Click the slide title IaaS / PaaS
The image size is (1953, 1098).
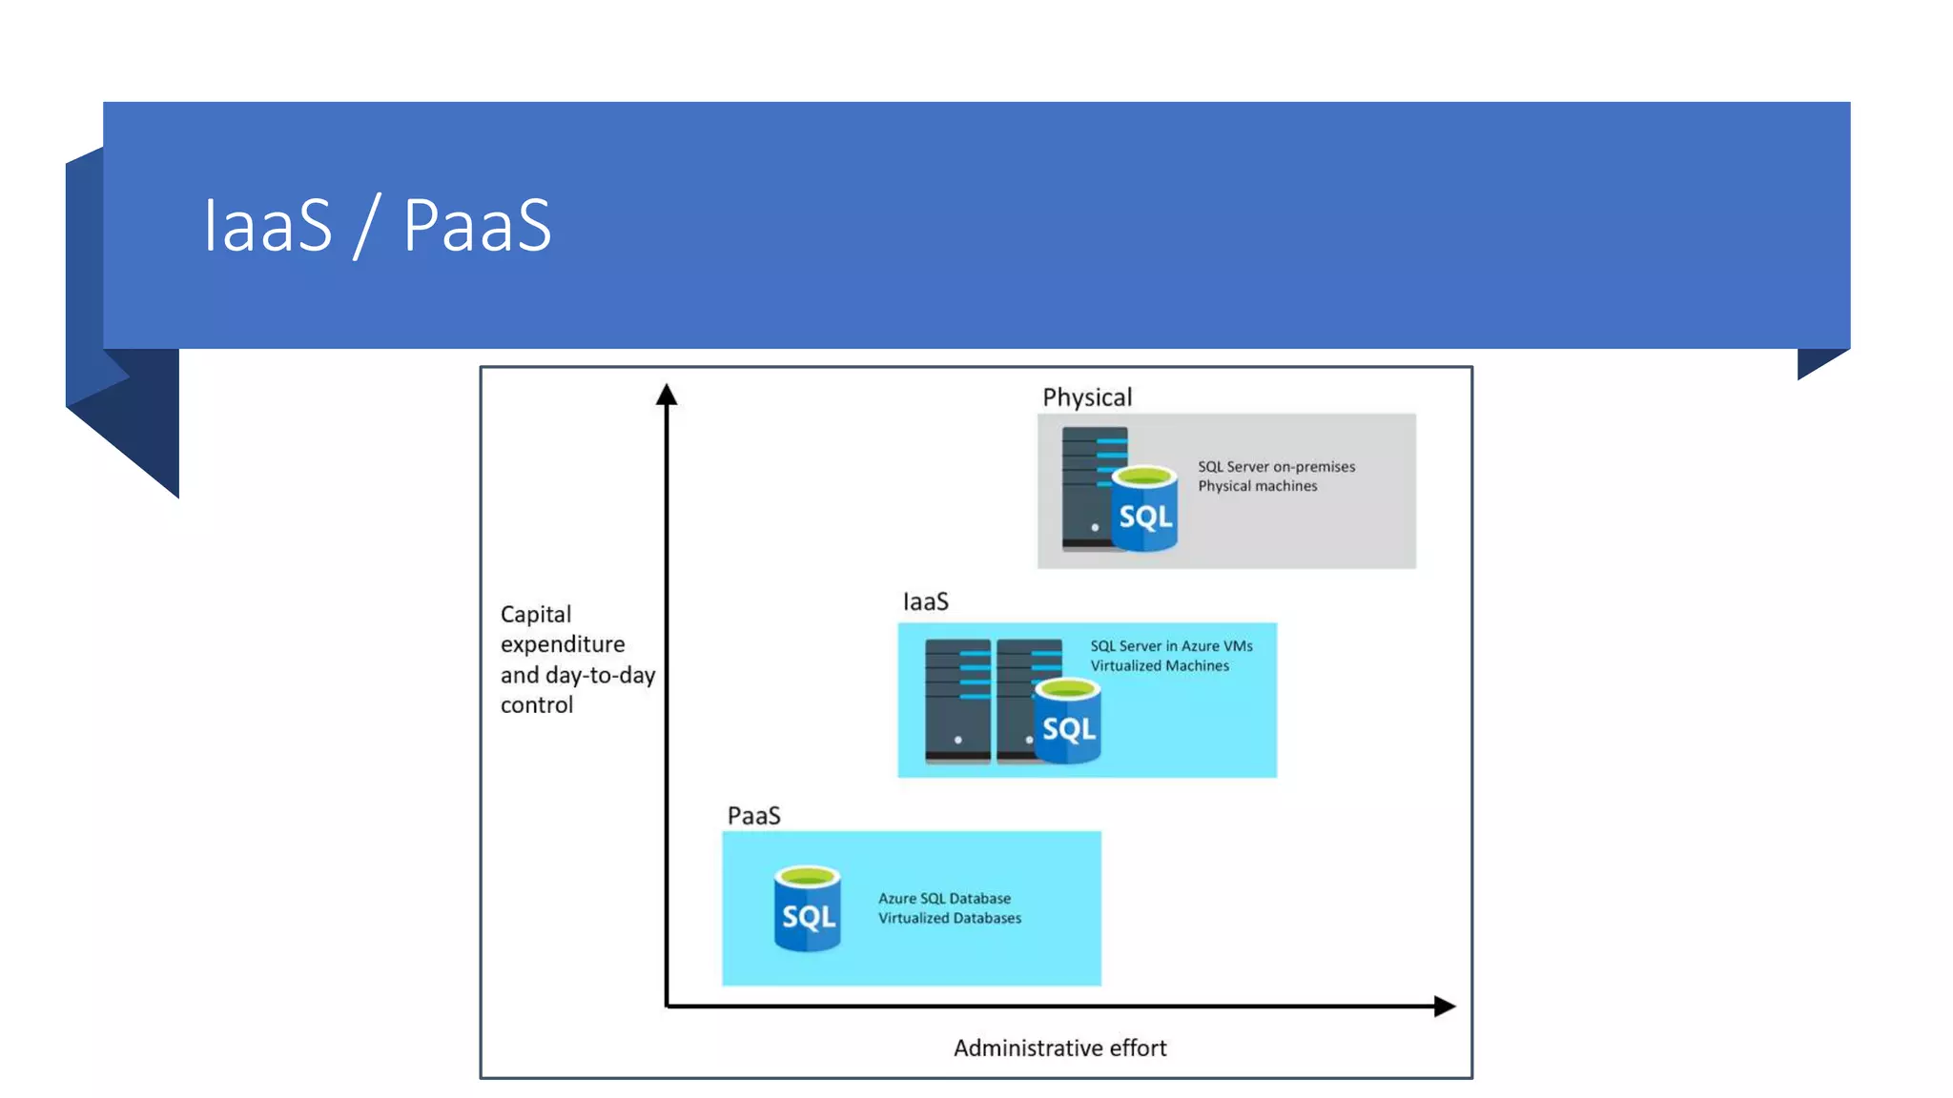[377, 226]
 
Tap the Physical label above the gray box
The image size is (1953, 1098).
[1086, 397]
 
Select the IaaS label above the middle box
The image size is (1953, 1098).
[925, 602]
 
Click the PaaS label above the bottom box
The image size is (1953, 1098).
[753, 816]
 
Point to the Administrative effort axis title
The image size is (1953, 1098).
[1059, 1048]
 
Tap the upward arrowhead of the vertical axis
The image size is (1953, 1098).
[667, 395]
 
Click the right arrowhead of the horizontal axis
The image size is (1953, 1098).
[1444, 1006]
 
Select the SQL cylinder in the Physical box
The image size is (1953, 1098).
[1144, 509]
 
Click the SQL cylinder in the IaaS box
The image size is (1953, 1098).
[1068, 722]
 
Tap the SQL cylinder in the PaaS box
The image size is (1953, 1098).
[807, 909]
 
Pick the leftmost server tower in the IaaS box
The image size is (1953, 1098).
[957, 701]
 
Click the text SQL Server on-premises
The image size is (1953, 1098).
[1276, 466]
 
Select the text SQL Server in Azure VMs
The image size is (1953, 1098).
[1171, 645]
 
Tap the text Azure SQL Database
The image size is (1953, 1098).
[944, 898]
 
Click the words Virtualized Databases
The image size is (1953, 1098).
[949, 918]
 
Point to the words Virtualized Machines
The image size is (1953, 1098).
[1160, 665]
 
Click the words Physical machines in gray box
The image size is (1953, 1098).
[1257, 486]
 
